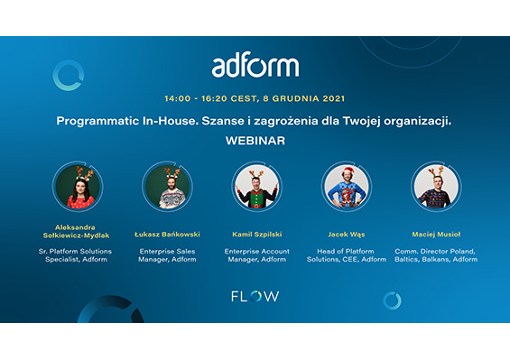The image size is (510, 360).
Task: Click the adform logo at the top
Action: coord(255,65)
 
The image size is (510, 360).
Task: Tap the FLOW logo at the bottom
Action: coord(255,296)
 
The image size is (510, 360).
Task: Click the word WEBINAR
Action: coord(255,141)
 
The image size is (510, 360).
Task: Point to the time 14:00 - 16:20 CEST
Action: coord(214,97)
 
